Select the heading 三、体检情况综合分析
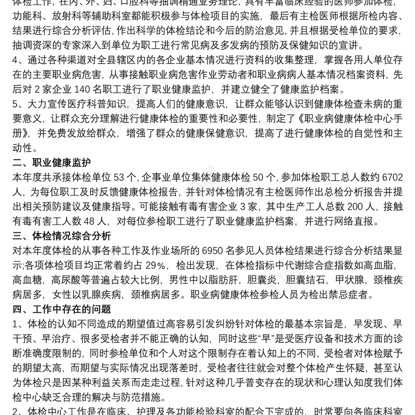[61, 237]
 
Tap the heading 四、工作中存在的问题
[61, 310]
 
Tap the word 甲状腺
[350, 281]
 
